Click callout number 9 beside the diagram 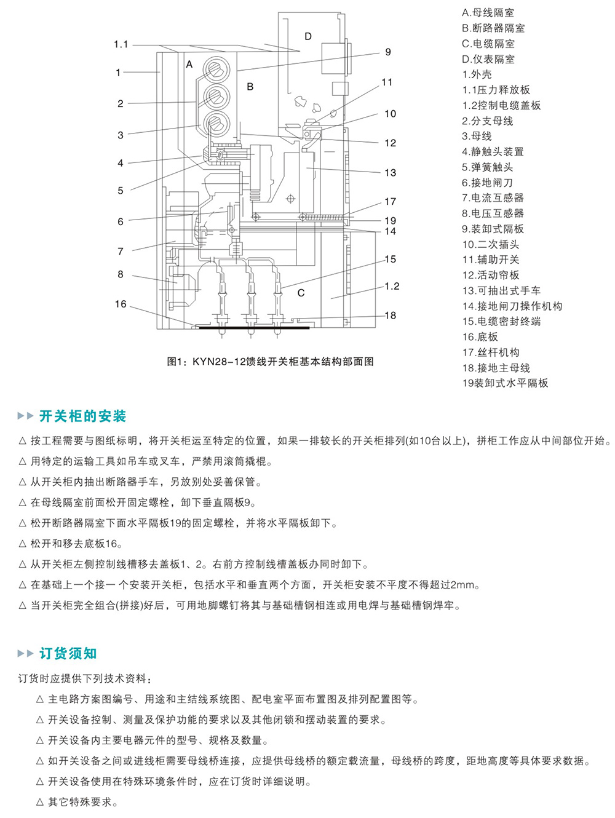[388, 52]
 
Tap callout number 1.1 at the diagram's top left [121, 44]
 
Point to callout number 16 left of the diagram [121, 304]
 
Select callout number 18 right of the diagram [391, 316]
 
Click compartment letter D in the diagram [308, 36]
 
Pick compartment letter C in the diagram [301, 293]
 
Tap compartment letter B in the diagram [250, 87]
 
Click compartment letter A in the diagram [189, 64]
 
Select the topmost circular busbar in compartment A [216, 67]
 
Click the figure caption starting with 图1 [271, 362]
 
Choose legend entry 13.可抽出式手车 [501, 290]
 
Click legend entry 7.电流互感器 [493, 197]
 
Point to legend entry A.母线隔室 [488, 12]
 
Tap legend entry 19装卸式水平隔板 [505, 383]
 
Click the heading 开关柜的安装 [82, 416]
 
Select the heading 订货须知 [68, 653]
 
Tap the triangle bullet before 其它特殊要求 [40, 802]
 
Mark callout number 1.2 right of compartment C [392, 286]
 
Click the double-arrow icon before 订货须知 [26, 653]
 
